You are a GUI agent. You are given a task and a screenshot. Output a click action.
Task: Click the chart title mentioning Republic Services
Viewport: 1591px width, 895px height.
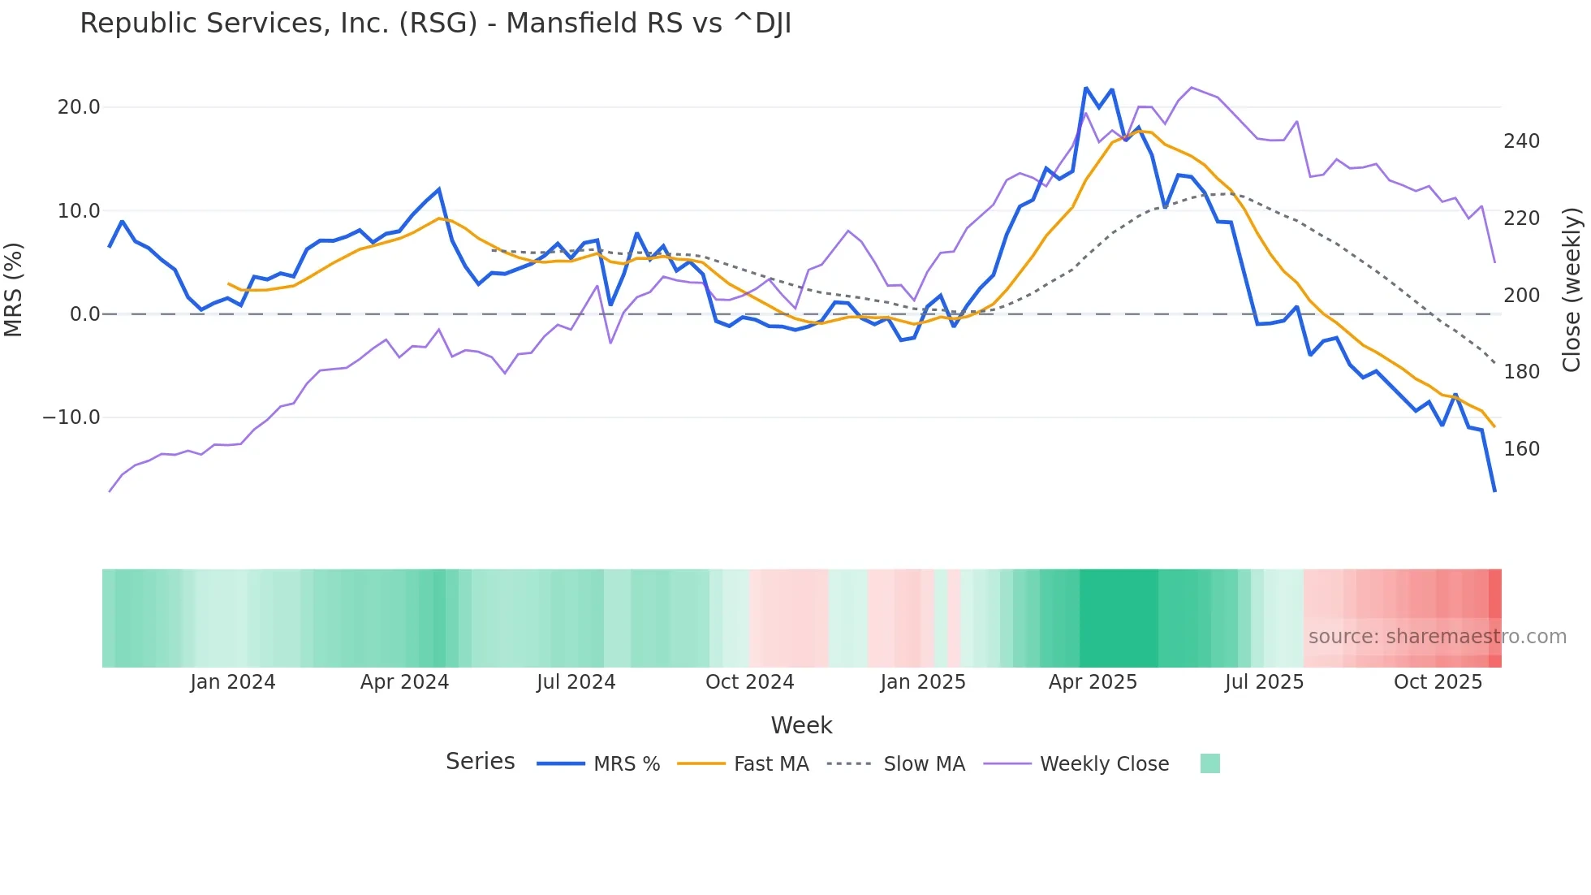click(x=435, y=24)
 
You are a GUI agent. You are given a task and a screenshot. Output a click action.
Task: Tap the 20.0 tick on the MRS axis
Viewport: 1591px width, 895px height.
click(x=79, y=107)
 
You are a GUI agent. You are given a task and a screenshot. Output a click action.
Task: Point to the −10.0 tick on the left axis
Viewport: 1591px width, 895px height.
click(x=71, y=417)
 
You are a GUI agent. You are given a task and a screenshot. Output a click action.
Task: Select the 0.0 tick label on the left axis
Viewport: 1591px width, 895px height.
click(x=84, y=314)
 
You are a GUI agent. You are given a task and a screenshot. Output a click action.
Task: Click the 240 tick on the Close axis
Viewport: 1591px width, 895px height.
click(x=1521, y=141)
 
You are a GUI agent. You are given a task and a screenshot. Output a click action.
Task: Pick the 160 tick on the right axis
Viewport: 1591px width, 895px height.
click(x=1521, y=449)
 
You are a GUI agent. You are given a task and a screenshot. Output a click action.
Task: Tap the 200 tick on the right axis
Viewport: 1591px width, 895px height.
click(x=1521, y=296)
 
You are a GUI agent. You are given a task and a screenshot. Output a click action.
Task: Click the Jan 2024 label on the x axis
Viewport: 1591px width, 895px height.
click(x=233, y=682)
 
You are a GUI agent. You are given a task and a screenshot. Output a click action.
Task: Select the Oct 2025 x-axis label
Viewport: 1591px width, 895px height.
click(x=1438, y=682)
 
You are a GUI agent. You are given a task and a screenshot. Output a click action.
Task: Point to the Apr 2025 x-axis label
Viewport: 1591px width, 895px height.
click(x=1093, y=682)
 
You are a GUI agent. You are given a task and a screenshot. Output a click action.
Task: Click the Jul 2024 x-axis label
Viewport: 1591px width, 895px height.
click(x=576, y=682)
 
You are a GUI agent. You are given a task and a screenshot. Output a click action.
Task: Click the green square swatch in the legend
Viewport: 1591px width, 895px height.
click(x=1209, y=763)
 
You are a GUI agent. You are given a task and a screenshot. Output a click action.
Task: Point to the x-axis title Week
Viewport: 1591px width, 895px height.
click(x=801, y=725)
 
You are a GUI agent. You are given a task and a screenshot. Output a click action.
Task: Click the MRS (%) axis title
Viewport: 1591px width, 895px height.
click(x=14, y=289)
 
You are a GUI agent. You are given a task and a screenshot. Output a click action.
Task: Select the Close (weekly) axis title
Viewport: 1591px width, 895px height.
click(x=1572, y=289)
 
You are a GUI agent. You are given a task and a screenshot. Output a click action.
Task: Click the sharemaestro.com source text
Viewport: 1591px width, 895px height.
click(x=1437, y=637)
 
